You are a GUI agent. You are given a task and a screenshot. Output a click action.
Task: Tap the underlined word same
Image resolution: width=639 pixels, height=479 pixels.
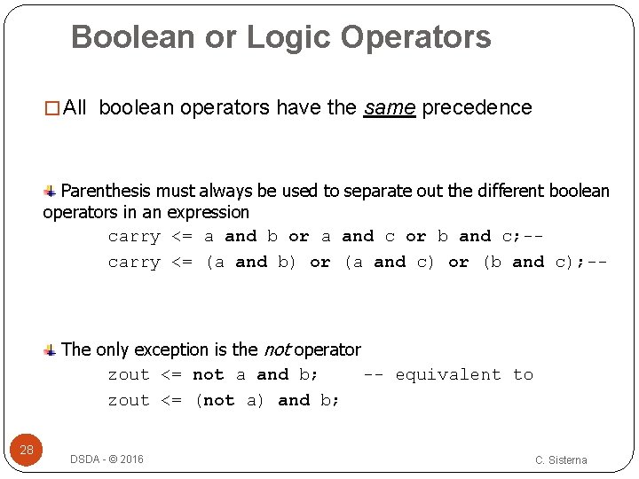click(390, 108)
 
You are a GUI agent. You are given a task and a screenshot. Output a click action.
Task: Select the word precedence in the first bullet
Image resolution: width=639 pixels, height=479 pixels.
click(477, 108)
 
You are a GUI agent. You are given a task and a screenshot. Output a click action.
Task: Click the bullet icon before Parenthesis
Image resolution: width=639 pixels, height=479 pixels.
click(51, 190)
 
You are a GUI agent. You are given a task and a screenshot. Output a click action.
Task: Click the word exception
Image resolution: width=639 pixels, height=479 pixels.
click(185, 349)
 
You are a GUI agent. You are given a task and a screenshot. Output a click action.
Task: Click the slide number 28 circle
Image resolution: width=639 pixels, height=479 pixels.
click(28, 450)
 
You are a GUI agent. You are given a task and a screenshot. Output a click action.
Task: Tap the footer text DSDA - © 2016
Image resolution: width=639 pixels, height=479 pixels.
click(106, 459)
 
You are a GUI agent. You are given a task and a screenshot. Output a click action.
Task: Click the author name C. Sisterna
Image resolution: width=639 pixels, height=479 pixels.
click(561, 459)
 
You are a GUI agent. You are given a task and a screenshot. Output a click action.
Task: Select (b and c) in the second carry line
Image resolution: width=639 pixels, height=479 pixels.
click(529, 263)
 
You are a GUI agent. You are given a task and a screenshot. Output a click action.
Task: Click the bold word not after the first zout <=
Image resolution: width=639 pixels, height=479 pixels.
click(208, 375)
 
